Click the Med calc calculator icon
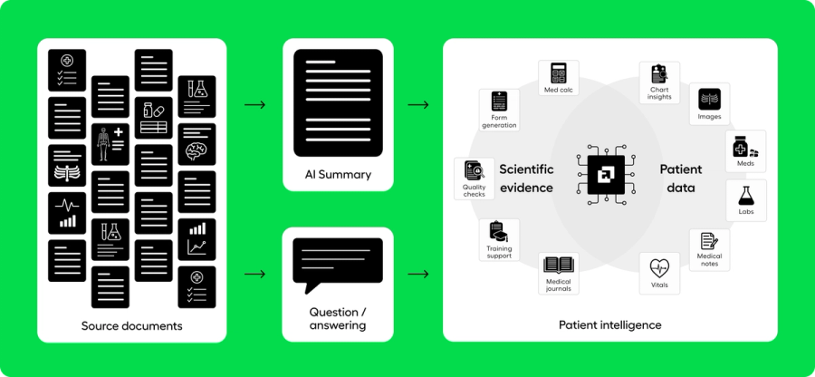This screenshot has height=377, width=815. (558, 73)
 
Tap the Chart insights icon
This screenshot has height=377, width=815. (659, 75)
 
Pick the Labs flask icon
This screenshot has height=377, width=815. (746, 195)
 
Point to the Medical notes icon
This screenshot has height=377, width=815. (709, 242)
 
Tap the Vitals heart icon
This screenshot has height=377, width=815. (659, 267)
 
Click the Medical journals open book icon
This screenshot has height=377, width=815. (558, 266)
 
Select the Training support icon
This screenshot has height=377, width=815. (498, 233)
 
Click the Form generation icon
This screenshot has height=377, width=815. (499, 101)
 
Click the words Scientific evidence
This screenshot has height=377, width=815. (526, 179)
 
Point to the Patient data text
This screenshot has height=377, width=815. (680, 179)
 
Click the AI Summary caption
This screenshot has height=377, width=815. (338, 174)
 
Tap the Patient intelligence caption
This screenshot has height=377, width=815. (609, 324)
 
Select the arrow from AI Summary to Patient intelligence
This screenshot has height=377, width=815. (418, 105)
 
